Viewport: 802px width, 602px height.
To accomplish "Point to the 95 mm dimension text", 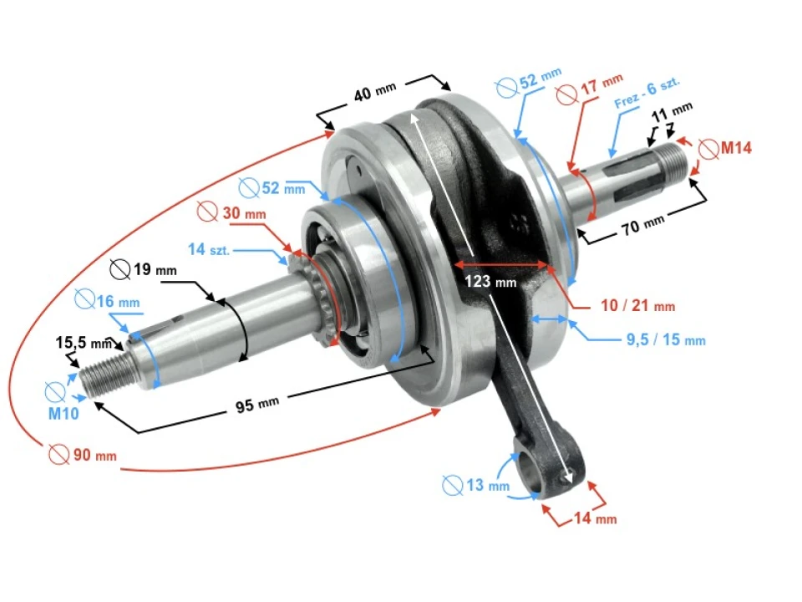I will (256, 404).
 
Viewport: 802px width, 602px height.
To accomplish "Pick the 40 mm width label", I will (375, 93).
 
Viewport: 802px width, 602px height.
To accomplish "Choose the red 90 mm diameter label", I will (92, 456).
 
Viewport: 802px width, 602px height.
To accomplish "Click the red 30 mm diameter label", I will (243, 213).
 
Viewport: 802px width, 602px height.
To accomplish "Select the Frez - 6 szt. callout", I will (647, 93).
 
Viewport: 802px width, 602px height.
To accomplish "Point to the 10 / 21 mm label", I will (637, 306).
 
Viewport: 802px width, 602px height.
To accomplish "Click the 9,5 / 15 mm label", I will (666, 339).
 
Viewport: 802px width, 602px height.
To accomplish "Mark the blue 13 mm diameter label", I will (485, 485).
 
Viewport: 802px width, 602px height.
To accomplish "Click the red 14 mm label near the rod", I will (594, 519).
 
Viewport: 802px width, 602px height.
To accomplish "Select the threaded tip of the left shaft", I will (104, 376).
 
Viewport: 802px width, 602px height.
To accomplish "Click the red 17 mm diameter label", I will (601, 84).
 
